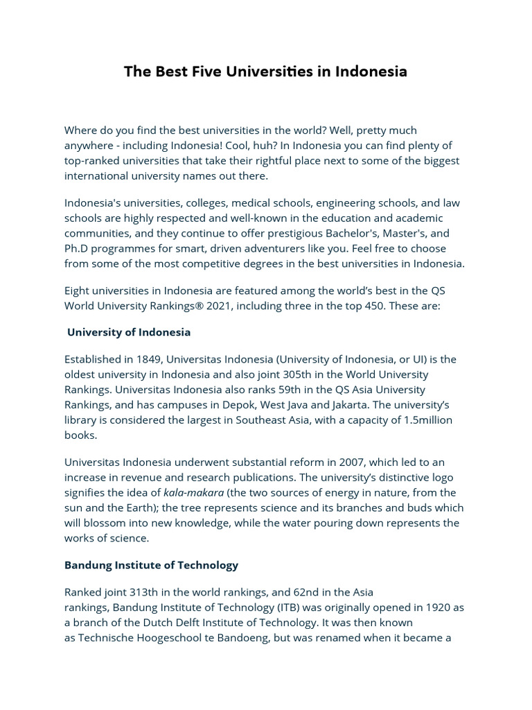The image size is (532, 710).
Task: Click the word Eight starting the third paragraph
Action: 78,290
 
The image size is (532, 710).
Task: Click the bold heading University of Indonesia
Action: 129,332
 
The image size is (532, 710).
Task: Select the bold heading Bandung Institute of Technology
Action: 151,565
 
